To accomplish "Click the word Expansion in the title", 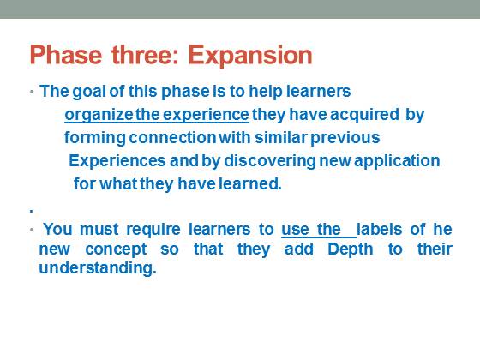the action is [250, 56].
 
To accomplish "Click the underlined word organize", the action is [99, 115].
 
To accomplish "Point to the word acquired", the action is [364, 115].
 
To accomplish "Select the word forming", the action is [95, 138].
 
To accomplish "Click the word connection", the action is [172, 137].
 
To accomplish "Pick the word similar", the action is [281, 137].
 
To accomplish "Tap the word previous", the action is [345, 138].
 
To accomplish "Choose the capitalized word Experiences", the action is [117, 161].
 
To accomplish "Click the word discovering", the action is [270, 161].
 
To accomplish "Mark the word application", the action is [397, 161].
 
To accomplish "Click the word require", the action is [153, 230].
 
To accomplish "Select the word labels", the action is [379, 229].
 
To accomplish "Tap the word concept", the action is [116, 249].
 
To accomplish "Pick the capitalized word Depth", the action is [351, 249].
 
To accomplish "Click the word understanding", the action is [98, 268].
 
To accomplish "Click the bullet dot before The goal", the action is [32, 92].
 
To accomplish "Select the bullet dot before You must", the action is [32, 230].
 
